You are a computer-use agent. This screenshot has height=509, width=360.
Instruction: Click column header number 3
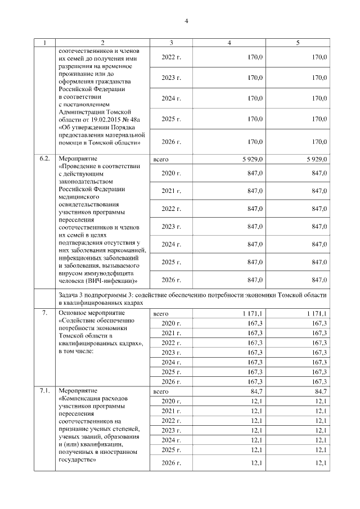pos(171,43)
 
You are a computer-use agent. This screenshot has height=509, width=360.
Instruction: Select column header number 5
pos(298,43)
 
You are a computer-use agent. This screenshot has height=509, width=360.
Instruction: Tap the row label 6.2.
pos(44,159)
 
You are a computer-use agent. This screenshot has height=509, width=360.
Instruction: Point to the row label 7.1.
pos(44,390)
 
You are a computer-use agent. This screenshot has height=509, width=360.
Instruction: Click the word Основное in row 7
pos(73,313)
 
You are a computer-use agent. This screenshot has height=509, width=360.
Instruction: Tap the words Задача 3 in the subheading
pos(72,295)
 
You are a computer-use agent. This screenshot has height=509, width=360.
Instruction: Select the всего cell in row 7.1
pos(161,390)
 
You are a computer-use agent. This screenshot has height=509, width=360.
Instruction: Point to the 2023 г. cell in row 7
pos(171,352)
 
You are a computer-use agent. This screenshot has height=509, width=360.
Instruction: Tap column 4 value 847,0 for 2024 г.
pos(255,244)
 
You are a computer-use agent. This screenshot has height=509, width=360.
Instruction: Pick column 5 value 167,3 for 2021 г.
pos(319,333)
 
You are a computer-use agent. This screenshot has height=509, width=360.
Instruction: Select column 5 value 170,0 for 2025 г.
pos(319,119)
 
